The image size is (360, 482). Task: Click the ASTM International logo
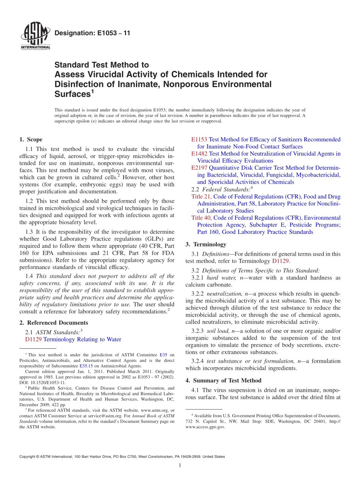[x=35, y=36]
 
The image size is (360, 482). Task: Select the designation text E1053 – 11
[x=92, y=33]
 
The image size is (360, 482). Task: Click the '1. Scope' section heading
[x=31, y=139]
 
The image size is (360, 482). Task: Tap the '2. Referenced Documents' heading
[x=54, y=323]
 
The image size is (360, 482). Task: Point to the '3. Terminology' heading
[x=206, y=244]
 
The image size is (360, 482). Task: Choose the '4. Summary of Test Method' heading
[x=224, y=380]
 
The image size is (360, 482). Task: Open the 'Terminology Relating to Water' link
[x=82, y=340]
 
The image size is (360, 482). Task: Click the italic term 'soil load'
[x=218, y=331]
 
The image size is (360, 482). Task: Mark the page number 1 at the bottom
[x=180, y=465]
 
